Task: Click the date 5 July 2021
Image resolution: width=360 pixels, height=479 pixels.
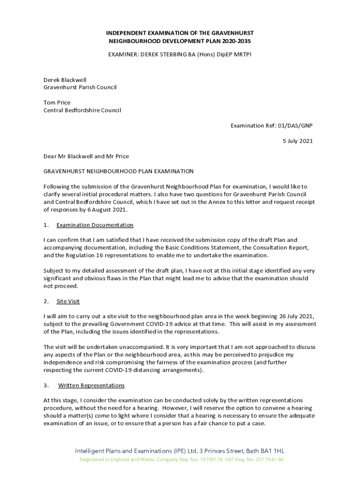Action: pyautogui.click(x=297, y=141)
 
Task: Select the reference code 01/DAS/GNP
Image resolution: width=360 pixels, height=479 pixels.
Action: pyautogui.click(x=292, y=125)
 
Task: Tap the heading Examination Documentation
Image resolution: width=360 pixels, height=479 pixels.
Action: pyautogui.click(x=95, y=225)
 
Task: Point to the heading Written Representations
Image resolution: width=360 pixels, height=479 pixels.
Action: pyautogui.click(x=91, y=385)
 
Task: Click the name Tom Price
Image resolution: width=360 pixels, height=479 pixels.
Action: pyautogui.click(x=57, y=102)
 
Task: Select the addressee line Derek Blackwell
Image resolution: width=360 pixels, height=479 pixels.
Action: pyautogui.click(x=65, y=80)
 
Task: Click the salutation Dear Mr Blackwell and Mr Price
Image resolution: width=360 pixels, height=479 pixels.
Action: pyautogui.click(x=86, y=156)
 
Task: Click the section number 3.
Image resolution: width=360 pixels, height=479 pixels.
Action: pyautogui.click(x=46, y=385)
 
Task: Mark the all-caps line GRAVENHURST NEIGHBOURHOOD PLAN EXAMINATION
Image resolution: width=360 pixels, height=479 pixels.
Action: pyautogui.click(x=118, y=171)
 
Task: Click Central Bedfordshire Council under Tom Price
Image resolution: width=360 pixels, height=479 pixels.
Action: pyautogui.click(x=82, y=110)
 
